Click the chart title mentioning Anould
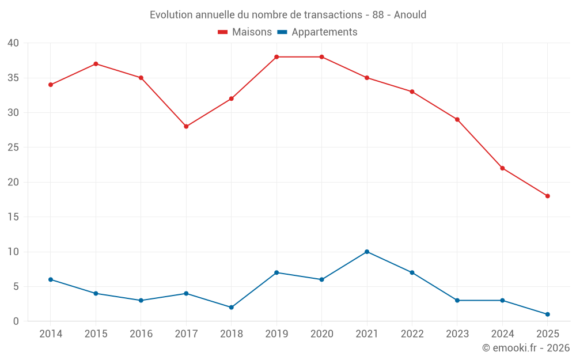click(288, 15)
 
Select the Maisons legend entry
click(245, 32)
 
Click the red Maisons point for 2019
click(276, 57)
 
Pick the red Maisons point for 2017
click(186, 127)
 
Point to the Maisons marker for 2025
click(547, 196)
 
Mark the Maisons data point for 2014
click(51, 85)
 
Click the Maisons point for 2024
click(502, 168)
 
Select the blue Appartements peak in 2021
click(367, 252)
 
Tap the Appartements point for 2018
click(231, 308)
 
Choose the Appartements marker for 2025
click(547, 314)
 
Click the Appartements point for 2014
click(51, 279)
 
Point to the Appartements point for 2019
click(276, 272)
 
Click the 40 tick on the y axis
click(13, 43)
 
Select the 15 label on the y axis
click(13, 217)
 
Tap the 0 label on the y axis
click(16, 321)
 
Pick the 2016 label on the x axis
click(141, 334)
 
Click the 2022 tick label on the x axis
click(412, 334)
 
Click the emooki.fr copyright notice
click(525, 348)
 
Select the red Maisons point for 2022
click(412, 92)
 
